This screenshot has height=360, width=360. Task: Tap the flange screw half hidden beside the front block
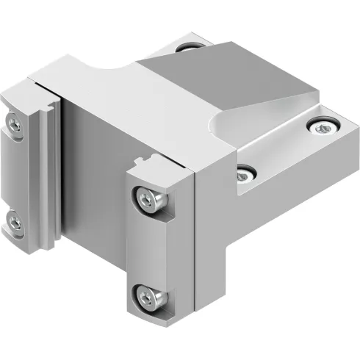[x=245, y=173]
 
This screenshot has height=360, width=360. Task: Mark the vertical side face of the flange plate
[x=294, y=176]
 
